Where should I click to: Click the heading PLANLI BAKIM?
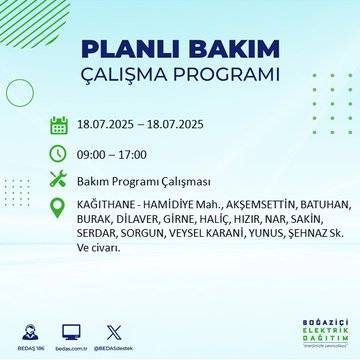pos(179,51)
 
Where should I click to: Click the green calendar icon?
pos(58,125)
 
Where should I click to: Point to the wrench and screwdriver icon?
pos(58,180)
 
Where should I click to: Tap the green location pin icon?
pos(58,207)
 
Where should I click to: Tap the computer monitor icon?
pos(71,330)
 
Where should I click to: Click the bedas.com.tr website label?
pos(71,346)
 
